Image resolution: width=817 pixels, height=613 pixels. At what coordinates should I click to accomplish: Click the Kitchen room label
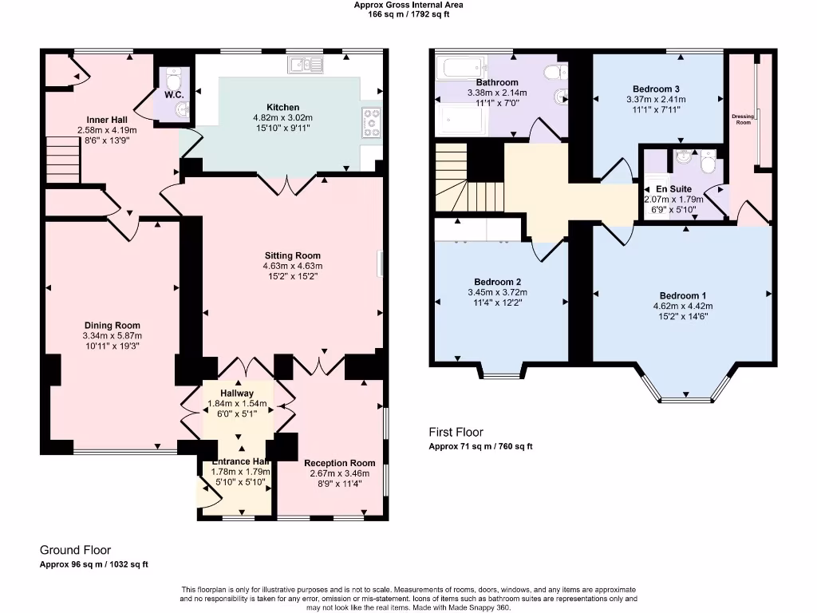pyautogui.click(x=283, y=107)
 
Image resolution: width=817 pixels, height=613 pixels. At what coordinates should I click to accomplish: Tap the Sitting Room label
pyautogui.click(x=292, y=255)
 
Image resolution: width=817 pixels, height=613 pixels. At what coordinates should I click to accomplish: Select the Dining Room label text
pyautogui.click(x=112, y=325)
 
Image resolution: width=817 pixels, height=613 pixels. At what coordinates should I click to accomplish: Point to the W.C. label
pyautogui.click(x=175, y=95)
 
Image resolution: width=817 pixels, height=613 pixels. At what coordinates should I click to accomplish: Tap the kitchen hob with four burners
pyautogui.click(x=372, y=124)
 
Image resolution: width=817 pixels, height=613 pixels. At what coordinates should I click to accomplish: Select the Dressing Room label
pyautogui.click(x=742, y=120)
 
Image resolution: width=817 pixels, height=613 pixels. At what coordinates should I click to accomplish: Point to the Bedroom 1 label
pyautogui.click(x=682, y=295)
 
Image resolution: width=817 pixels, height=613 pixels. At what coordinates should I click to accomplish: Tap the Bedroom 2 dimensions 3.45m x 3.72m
pyautogui.click(x=497, y=292)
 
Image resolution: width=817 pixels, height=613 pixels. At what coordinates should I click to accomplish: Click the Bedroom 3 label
pyautogui.click(x=656, y=89)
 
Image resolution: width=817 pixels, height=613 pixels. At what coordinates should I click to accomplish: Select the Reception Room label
pyautogui.click(x=339, y=463)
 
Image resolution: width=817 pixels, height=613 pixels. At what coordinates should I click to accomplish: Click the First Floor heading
pyautogui.click(x=457, y=432)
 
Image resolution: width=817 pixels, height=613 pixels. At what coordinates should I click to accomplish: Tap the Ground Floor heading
pyautogui.click(x=76, y=550)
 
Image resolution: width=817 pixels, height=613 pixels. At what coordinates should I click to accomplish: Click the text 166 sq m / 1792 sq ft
pyautogui.click(x=408, y=14)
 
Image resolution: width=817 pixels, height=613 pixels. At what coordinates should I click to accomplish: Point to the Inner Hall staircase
pyautogui.click(x=61, y=158)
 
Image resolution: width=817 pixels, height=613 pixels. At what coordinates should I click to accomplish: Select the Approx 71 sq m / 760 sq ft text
pyautogui.click(x=480, y=446)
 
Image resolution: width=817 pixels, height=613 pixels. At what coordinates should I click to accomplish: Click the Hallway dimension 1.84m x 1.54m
pyautogui.click(x=237, y=404)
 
